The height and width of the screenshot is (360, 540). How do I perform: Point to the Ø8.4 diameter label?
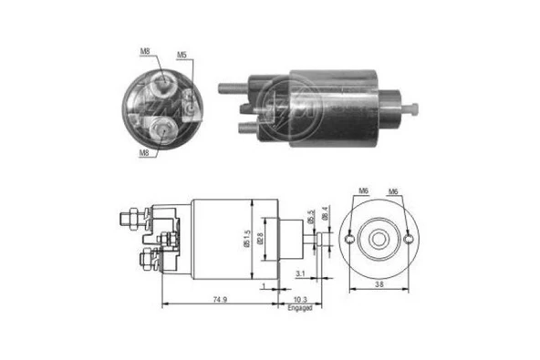click(x=326, y=216)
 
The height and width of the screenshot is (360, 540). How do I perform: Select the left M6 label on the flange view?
click(x=363, y=190)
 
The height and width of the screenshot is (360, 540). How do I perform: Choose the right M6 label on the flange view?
click(x=393, y=190)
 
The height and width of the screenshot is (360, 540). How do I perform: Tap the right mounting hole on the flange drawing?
click(x=408, y=240)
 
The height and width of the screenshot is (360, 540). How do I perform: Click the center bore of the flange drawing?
click(x=378, y=240)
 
